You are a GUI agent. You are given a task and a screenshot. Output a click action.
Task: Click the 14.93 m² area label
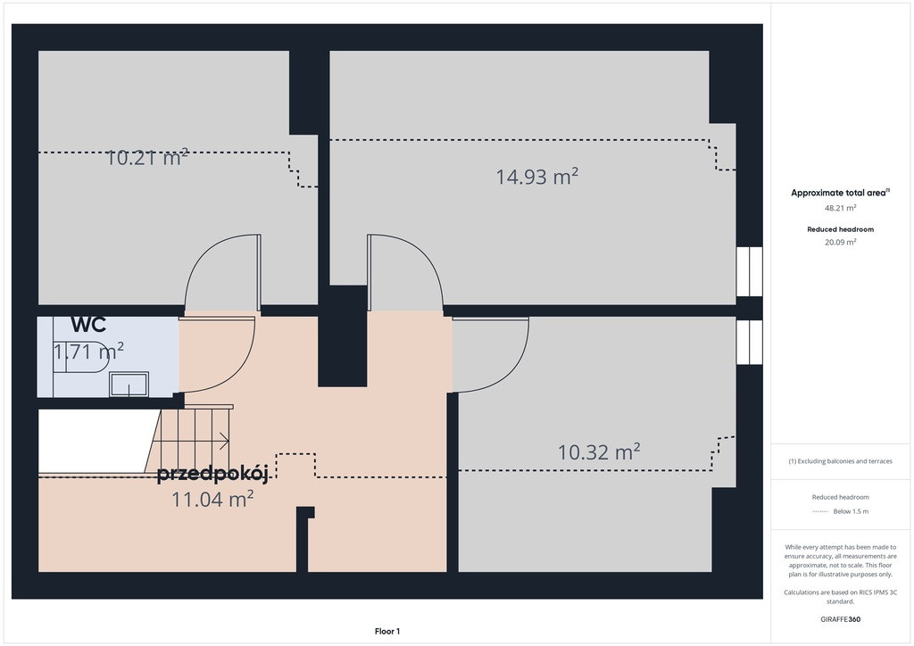click(x=536, y=177)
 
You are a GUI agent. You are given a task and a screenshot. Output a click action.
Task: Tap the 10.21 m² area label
click(x=147, y=157)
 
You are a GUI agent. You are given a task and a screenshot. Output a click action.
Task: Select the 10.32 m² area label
click(x=599, y=452)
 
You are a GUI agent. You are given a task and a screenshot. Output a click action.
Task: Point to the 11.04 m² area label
click(x=212, y=499)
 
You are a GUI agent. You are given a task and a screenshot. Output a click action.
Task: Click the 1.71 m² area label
click(x=88, y=352)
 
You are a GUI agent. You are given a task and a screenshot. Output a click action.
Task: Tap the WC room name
click(x=88, y=325)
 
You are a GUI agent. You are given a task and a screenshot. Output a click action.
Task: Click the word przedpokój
click(x=212, y=474)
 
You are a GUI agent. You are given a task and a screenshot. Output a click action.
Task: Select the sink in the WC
click(x=129, y=384)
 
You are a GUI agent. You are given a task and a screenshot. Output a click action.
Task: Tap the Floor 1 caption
click(x=387, y=632)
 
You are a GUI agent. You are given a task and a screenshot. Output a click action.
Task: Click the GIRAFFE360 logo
click(x=840, y=619)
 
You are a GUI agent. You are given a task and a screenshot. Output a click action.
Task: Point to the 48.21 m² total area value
click(x=840, y=208)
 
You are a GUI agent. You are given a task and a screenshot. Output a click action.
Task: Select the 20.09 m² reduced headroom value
click(x=840, y=243)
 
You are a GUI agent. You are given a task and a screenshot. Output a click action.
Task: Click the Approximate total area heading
click(x=840, y=193)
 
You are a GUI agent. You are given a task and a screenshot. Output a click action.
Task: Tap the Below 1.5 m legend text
click(x=851, y=511)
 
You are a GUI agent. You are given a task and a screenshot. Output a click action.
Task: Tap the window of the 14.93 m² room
click(x=749, y=271)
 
